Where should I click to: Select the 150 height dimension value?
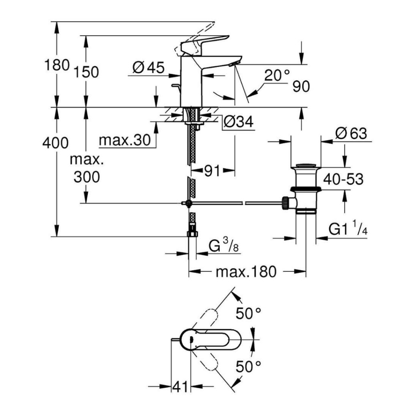(86, 72)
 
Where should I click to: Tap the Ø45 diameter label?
(148, 68)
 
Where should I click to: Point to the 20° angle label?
(277, 75)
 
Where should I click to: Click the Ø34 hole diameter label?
(238, 122)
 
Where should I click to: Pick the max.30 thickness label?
(125, 140)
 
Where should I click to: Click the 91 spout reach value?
(212, 171)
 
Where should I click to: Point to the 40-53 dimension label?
(344, 179)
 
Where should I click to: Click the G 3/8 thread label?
(224, 245)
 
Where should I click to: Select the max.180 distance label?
(246, 272)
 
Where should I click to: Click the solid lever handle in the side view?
(204, 42)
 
